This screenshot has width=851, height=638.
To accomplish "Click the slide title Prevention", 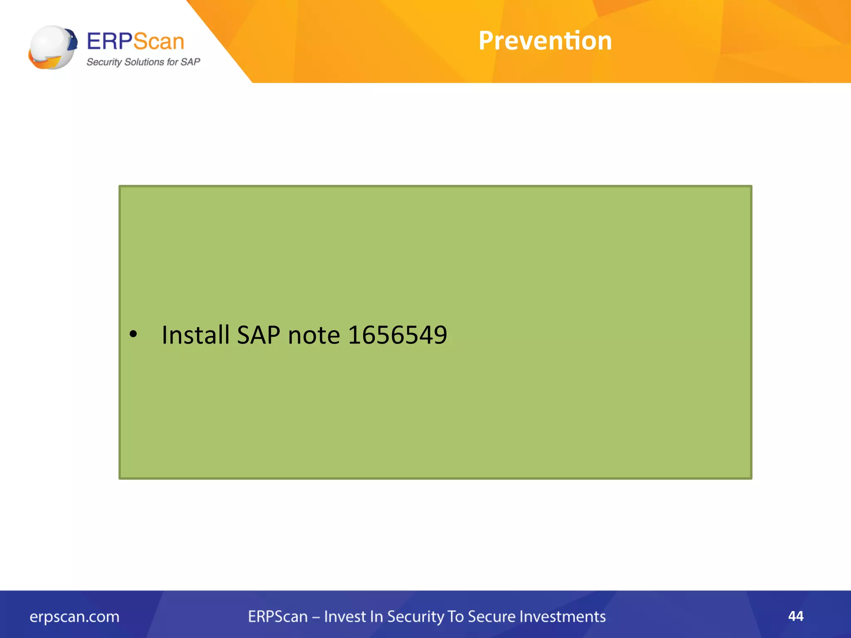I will point(545,41).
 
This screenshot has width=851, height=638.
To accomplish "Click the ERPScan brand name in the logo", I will point(135,42).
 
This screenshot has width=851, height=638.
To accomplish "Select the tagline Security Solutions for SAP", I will point(143,62).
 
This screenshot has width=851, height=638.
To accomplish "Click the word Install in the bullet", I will point(195,335).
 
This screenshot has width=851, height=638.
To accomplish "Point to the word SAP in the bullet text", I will point(258,335).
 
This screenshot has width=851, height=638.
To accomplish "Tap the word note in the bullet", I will point(314,336).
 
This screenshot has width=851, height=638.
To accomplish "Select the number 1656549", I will point(397,335).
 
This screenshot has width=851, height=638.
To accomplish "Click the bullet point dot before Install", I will point(133,334).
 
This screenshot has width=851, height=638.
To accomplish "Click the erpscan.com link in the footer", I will point(74,617).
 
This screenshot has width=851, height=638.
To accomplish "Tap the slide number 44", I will point(796,616).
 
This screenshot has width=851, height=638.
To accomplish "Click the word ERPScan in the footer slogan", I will point(278,617).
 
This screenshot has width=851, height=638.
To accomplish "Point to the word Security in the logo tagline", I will point(104,62).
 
